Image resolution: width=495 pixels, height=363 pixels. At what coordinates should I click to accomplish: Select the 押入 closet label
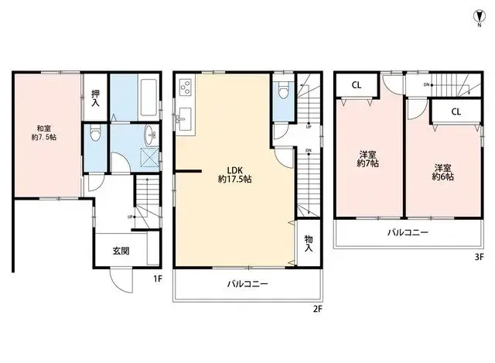(x=95, y=97)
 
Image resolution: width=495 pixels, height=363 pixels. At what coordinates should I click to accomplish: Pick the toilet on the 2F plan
(x=282, y=93)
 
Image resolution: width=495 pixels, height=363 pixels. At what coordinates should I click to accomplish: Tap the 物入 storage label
(x=309, y=244)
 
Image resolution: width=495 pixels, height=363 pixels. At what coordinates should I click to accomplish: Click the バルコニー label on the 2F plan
(x=247, y=284)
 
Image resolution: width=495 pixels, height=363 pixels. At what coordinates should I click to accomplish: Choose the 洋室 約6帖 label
(x=442, y=173)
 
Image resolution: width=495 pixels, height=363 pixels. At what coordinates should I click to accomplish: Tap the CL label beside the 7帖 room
(x=357, y=86)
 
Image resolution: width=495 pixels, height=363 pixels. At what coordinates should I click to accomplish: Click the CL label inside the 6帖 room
(x=456, y=113)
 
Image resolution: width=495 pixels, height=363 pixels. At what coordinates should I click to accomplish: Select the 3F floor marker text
(x=479, y=256)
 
